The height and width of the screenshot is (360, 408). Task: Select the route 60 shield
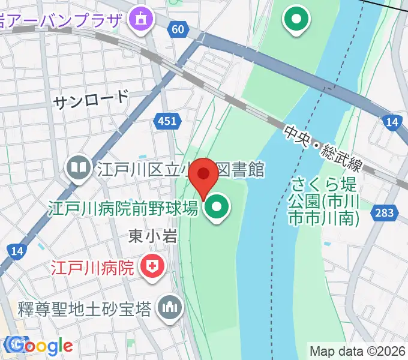coord(176,29)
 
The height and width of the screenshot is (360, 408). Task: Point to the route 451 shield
coord(167,122)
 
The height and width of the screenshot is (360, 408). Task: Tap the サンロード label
coord(91,100)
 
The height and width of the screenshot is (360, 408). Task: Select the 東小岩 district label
coord(153,236)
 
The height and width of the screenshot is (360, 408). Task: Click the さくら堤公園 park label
coord(324,200)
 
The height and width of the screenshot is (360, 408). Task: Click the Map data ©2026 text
coord(358,351)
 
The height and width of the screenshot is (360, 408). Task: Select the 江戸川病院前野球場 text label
coord(123,209)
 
